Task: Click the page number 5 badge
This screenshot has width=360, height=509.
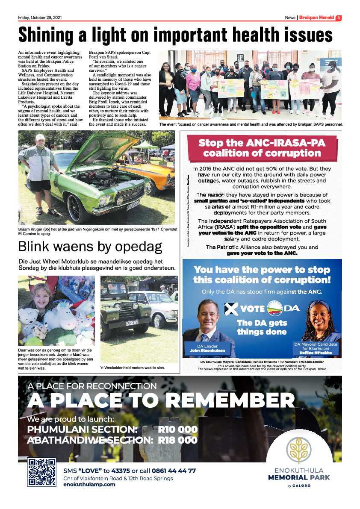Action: tap(338, 18)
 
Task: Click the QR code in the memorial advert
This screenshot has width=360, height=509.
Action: tap(41, 472)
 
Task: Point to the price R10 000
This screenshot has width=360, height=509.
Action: tap(177, 430)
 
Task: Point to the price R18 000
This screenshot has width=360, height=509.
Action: tap(177, 440)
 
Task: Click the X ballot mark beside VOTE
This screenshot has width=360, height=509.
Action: tap(231, 309)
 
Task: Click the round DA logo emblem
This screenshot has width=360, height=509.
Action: tap(275, 308)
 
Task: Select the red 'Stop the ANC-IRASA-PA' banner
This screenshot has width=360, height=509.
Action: tap(262, 148)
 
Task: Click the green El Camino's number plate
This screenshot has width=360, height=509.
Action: tap(133, 206)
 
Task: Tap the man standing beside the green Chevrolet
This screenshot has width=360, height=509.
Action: tap(40, 171)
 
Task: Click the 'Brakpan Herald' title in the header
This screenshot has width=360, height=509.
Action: tap(316, 18)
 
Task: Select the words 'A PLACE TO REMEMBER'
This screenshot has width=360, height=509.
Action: tap(161, 400)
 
